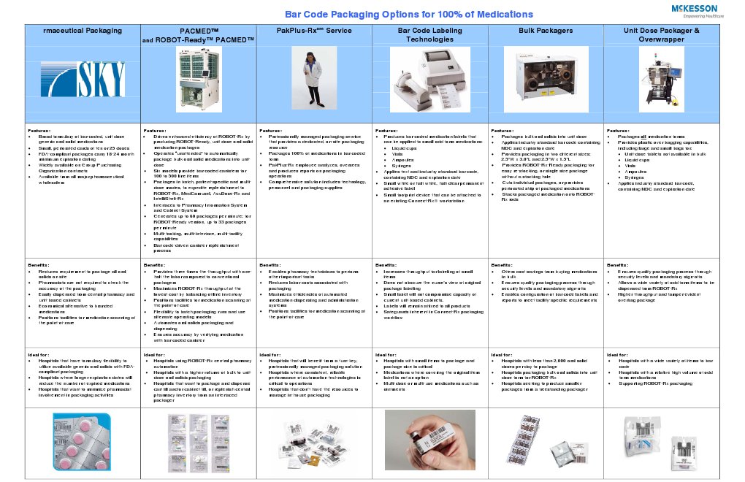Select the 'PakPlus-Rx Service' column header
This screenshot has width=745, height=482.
[314, 31]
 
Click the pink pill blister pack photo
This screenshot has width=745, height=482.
[82, 443]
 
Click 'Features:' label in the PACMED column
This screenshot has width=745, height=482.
[156, 131]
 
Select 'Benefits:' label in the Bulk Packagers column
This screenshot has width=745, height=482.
[504, 264]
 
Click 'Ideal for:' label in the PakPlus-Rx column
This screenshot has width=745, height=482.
[272, 356]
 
